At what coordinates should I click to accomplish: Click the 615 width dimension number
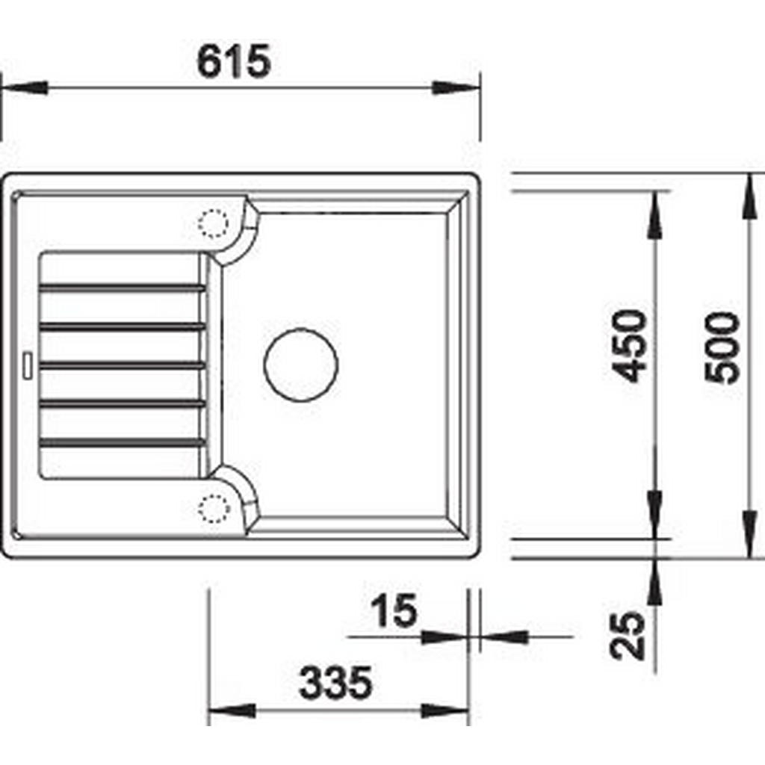tap(233, 61)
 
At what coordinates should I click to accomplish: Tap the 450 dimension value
tap(631, 347)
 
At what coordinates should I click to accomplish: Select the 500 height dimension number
tap(722, 348)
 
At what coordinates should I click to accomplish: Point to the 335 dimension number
tap(335, 683)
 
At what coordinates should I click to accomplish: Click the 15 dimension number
tap(394, 610)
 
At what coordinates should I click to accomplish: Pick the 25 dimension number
tap(628, 636)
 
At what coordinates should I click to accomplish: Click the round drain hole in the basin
tap(300, 365)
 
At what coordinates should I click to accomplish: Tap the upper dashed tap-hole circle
tap(213, 224)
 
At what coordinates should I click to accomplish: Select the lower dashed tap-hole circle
tap(214, 509)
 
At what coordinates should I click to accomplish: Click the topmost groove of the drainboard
tap(122, 288)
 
